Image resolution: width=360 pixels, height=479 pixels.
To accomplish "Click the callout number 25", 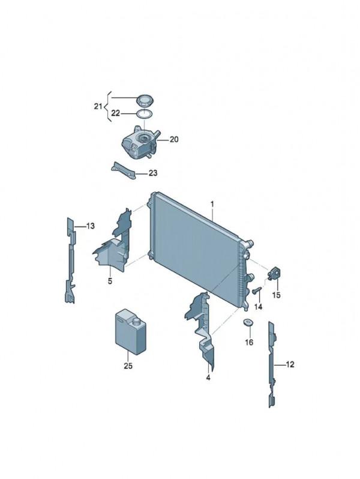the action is (128, 366).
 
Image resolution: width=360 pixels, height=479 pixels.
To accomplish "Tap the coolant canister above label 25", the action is (130, 332).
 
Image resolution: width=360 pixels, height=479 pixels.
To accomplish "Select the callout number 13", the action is (91, 226).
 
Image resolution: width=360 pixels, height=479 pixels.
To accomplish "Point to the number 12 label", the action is (290, 364).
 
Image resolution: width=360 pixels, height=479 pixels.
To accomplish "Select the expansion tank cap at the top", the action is (145, 100).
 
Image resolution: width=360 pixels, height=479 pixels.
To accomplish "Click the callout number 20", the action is (174, 140).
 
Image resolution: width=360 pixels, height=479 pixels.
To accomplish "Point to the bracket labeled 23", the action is (122, 170).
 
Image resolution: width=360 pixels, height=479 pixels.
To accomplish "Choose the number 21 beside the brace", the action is (98, 107).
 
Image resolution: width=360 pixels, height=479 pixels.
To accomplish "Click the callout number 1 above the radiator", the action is (212, 203).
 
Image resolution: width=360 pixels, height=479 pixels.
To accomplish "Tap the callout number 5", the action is (110, 281).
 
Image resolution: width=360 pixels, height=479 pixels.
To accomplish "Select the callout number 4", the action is (208, 378).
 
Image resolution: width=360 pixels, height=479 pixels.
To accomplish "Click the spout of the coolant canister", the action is (136, 322).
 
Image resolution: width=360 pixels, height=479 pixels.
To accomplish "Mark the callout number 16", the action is (249, 343).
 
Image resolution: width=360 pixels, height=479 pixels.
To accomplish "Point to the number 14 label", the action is (259, 306).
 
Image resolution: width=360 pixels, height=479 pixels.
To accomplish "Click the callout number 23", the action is (153, 173).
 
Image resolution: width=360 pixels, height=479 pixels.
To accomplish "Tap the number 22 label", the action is (116, 113).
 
